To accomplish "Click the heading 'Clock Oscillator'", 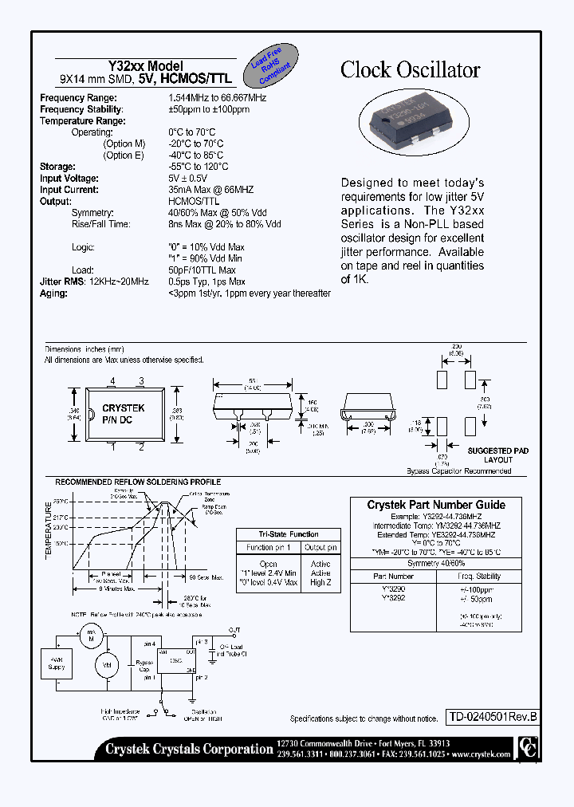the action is click(410, 70).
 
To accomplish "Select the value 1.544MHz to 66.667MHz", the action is click(217, 98).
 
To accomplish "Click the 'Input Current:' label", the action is click(69, 190).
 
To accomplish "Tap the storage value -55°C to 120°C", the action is click(199, 167).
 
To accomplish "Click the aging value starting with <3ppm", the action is click(249, 293).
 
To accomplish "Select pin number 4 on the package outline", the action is click(112, 381).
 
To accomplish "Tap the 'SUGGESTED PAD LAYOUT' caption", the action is click(497, 455).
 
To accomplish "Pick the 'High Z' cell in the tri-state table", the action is click(321, 583).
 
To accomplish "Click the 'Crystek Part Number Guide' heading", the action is click(436, 505).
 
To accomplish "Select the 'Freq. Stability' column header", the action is click(480, 575).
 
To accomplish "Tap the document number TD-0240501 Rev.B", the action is click(491, 717).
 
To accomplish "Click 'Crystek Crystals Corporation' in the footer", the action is click(189, 748).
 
